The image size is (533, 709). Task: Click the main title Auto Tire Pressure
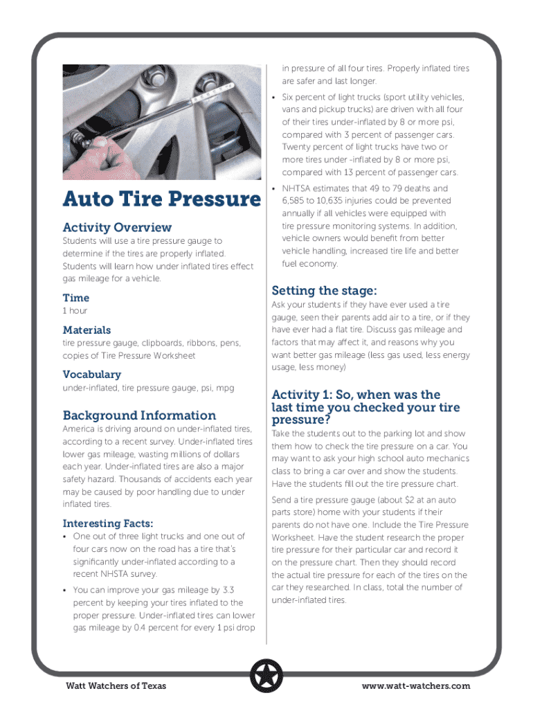point(161,199)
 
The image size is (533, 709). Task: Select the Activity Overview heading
point(117,227)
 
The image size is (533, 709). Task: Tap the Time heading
point(75,298)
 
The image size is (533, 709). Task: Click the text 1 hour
point(75,311)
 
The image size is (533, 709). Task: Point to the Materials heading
point(87,330)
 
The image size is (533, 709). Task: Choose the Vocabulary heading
point(91,375)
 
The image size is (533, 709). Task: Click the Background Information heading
point(139,415)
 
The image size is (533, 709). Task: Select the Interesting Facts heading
point(108,523)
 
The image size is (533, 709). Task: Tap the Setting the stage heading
point(323,290)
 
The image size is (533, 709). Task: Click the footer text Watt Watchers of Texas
point(116,686)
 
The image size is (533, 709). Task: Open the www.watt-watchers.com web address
point(415,686)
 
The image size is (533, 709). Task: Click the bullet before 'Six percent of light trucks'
point(275,97)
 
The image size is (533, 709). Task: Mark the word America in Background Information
point(81,429)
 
